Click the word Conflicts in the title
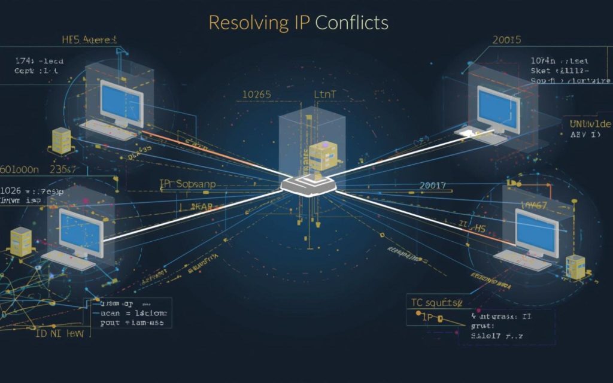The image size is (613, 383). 352,23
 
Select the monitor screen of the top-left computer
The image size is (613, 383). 122,101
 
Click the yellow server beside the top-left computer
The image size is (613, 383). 62,138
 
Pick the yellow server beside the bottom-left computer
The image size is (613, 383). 20,241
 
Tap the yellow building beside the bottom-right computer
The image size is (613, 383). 575,267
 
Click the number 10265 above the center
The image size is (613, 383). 256,95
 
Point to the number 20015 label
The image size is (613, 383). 506,40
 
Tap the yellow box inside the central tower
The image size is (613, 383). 324,156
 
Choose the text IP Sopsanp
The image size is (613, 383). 187,184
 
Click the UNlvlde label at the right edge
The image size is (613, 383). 590,123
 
